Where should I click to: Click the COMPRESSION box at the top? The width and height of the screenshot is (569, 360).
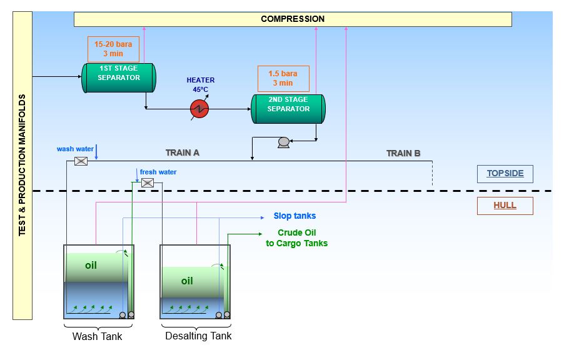pyautogui.click(x=293, y=19)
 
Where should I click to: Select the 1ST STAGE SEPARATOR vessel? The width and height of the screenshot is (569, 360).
pyautogui.click(x=119, y=77)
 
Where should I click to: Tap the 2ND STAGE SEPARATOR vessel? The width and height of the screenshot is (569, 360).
pyautogui.click(x=288, y=109)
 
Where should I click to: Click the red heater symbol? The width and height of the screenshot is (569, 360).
pyautogui.click(x=199, y=109)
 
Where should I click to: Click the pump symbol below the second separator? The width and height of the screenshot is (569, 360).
pyautogui.click(x=283, y=142)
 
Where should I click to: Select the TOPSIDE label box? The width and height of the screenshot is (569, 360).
pyautogui.click(x=505, y=173)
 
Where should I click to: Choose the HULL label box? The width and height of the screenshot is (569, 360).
pyautogui.click(x=505, y=206)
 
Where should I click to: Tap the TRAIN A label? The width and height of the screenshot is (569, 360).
pyautogui.click(x=183, y=152)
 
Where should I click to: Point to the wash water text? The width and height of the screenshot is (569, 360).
pyautogui.click(x=74, y=149)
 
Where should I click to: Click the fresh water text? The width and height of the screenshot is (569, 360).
pyautogui.click(x=158, y=172)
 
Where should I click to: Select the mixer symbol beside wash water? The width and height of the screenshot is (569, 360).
pyautogui.click(x=81, y=161)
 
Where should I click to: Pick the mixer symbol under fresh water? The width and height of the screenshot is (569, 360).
pyautogui.click(x=148, y=182)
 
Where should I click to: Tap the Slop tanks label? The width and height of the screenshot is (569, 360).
pyautogui.click(x=295, y=216)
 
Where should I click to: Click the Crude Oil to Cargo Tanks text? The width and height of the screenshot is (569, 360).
pyautogui.click(x=296, y=239)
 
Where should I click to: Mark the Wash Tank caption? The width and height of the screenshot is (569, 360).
pyautogui.click(x=97, y=337)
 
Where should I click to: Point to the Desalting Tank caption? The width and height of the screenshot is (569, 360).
pyautogui.click(x=198, y=336)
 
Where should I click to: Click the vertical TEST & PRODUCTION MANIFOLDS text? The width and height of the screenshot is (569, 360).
pyautogui.click(x=23, y=165)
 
